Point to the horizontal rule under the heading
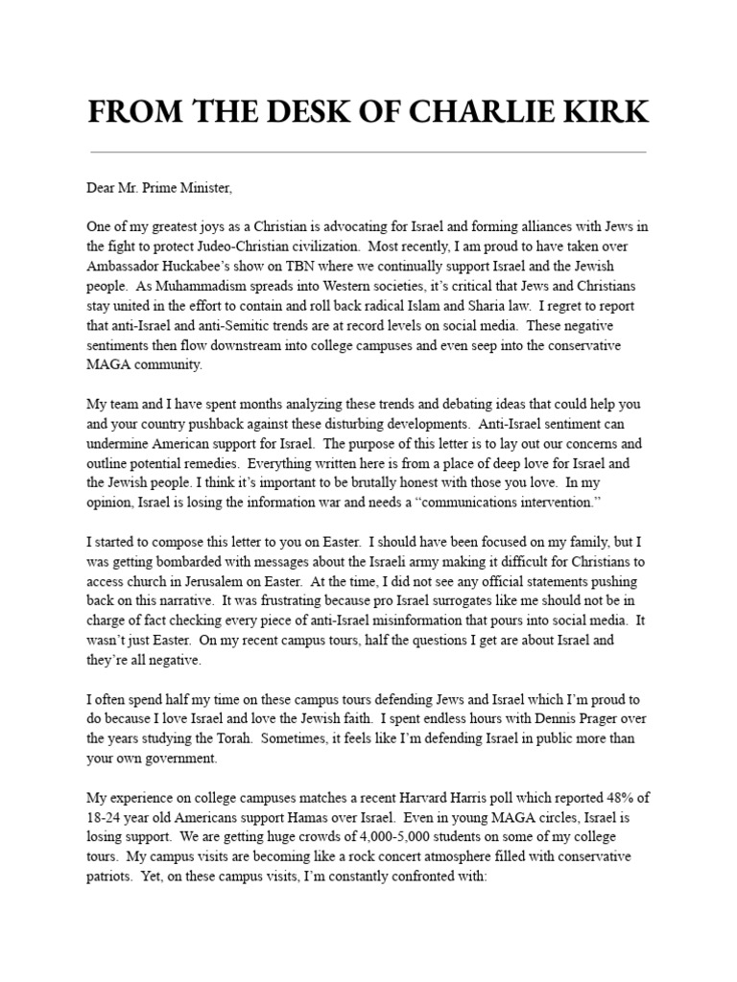coord(368,152)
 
